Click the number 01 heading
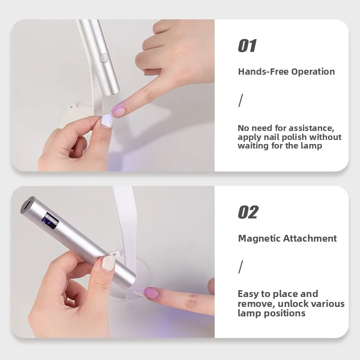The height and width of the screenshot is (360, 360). click(247, 45)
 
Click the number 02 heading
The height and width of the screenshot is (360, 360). click(248, 212)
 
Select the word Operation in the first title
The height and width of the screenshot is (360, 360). click(313, 72)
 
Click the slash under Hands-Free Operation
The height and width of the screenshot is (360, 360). click(240, 100)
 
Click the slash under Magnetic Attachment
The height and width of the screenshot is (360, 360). click(240, 267)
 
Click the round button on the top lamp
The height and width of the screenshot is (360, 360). click(104, 58)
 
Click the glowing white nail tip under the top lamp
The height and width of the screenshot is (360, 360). click(106, 120)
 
